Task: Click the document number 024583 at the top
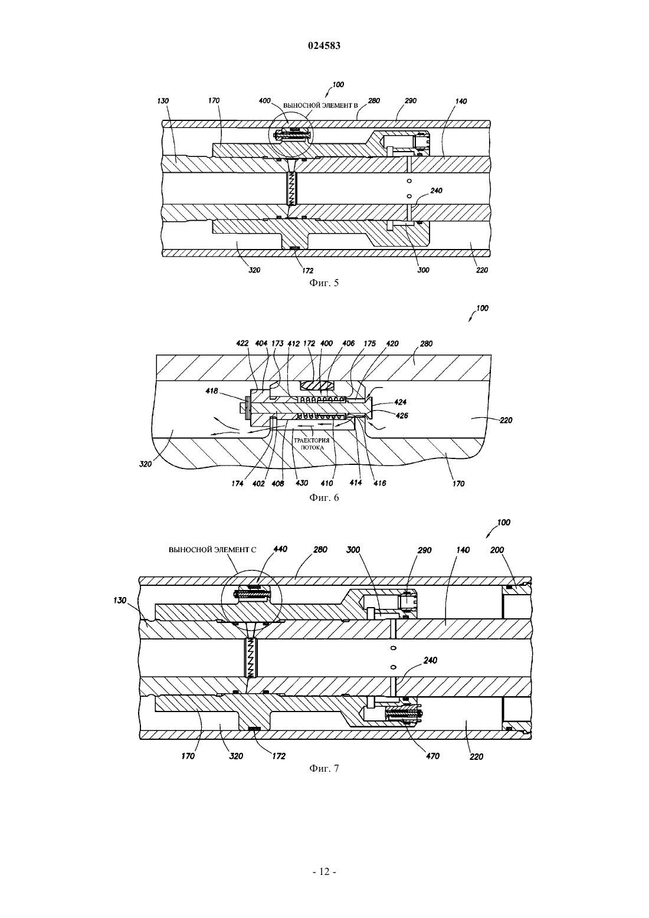[324, 46]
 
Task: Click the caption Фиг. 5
[324, 283]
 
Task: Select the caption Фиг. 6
[324, 497]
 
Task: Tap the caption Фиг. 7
[324, 768]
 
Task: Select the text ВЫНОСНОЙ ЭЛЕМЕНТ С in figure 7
[212, 550]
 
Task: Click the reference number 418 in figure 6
[212, 391]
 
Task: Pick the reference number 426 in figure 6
[402, 415]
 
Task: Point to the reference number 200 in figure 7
[497, 550]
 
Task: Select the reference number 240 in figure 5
[437, 191]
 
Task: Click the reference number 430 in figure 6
[301, 483]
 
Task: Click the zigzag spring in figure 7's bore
[249, 658]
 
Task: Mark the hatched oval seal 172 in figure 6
[319, 385]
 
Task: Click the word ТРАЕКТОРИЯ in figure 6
[312, 440]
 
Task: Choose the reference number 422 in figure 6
[242, 343]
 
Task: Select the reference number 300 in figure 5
[423, 270]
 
